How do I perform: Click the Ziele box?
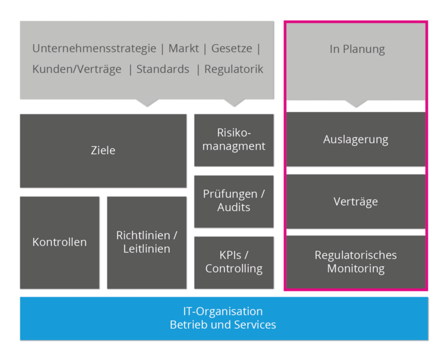click(x=103, y=151)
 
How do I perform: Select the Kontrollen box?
click(x=60, y=242)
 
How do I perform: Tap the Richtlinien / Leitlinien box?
click(x=147, y=242)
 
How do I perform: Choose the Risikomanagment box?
click(x=234, y=139)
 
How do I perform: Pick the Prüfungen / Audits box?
click(x=234, y=201)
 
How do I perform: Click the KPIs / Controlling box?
click(x=234, y=262)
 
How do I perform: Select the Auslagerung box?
click(x=355, y=139)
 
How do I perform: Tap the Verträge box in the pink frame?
click(x=355, y=201)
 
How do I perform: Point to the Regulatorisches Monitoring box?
click(x=355, y=262)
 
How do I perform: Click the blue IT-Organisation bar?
click(x=223, y=318)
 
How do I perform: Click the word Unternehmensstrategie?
click(x=94, y=49)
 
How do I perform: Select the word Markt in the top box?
click(x=184, y=49)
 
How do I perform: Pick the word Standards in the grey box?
click(x=163, y=70)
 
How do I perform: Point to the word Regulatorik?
click(x=234, y=70)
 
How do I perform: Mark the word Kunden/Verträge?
click(x=77, y=70)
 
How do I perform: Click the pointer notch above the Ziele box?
click(x=147, y=102)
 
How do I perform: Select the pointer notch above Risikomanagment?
click(x=234, y=102)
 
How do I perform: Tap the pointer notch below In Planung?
click(x=356, y=103)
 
